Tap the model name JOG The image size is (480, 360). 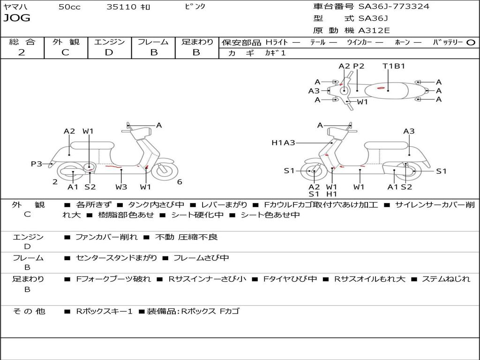click(x=16, y=18)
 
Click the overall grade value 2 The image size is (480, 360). click(x=22, y=52)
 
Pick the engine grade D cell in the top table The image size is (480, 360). click(x=109, y=52)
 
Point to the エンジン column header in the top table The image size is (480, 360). click(x=109, y=42)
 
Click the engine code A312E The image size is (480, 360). click(x=374, y=31)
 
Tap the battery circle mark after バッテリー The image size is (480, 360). click(x=471, y=42)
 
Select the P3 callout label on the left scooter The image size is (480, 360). click(x=37, y=164)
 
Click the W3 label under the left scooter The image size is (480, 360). click(x=121, y=187)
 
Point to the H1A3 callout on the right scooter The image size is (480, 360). click(x=283, y=142)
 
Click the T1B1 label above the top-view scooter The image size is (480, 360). click(x=394, y=66)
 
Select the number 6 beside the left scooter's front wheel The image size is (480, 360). click(x=180, y=182)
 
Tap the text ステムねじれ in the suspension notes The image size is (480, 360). click(x=446, y=279)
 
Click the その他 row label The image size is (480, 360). click(x=29, y=311)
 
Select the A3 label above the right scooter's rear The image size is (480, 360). click(x=409, y=131)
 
